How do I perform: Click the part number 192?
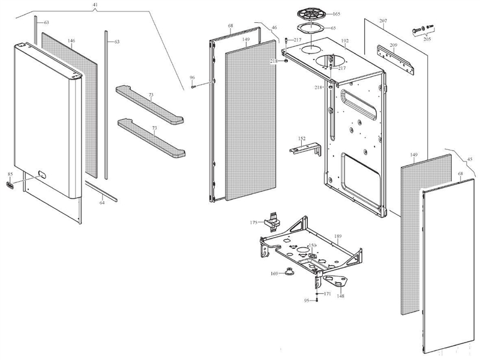(x=345, y=41)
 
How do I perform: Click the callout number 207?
(x=383, y=21)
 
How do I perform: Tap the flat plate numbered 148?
(x=336, y=280)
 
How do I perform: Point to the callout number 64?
(x=101, y=203)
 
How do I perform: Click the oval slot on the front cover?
(x=44, y=175)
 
